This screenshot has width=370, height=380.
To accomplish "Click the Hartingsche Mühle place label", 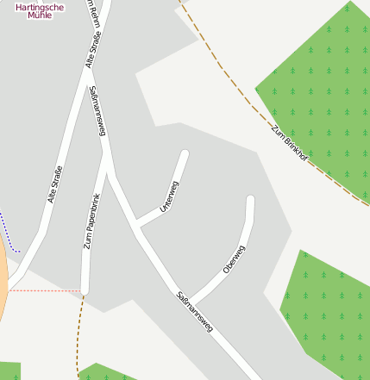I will (x=40, y=11).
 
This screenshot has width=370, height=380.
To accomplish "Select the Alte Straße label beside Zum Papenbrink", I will (x=54, y=184).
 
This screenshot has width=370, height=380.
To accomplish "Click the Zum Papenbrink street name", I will (x=91, y=222).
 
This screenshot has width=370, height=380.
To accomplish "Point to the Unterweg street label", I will (x=169, y=196).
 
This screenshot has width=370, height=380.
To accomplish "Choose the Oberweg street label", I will (x=234, y=259).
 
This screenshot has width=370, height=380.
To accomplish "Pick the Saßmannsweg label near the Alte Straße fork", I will (x=97, y=111).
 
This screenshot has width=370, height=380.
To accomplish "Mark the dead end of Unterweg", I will (x=184, y=154).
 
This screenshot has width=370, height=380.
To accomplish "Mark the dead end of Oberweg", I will (x=250, y=200).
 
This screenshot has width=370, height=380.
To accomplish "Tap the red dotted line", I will (x=43, y=290).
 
